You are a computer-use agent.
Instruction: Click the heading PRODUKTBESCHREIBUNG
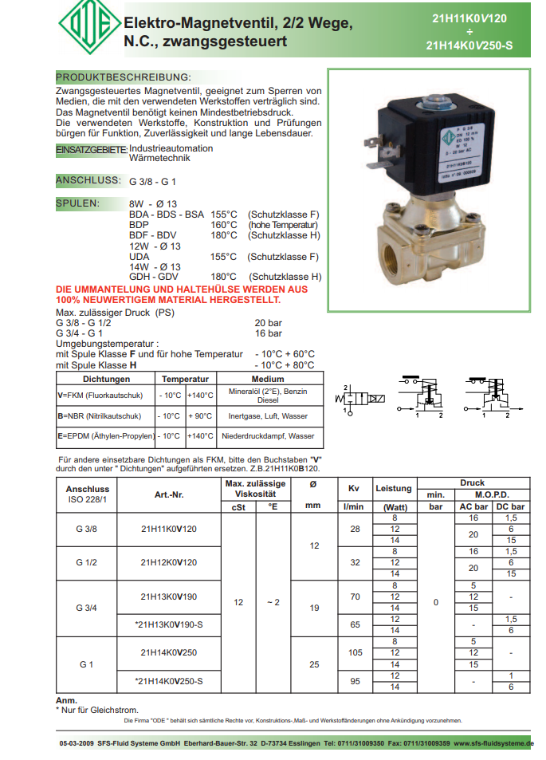click(124, 77)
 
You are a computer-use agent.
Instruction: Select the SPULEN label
click(77, 203)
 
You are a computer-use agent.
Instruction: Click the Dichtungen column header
click(106, 380)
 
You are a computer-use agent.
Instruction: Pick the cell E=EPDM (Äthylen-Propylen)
click(105, 436)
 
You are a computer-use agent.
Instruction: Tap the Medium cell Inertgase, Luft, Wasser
click(267, 415)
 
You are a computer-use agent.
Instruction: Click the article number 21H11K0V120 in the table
click(168, 529)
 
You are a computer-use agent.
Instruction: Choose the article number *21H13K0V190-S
click(168, 624)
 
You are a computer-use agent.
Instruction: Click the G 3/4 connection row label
click(86, 608)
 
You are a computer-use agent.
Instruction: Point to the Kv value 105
click(355, 652)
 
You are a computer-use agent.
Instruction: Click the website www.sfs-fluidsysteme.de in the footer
click(493, 743)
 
